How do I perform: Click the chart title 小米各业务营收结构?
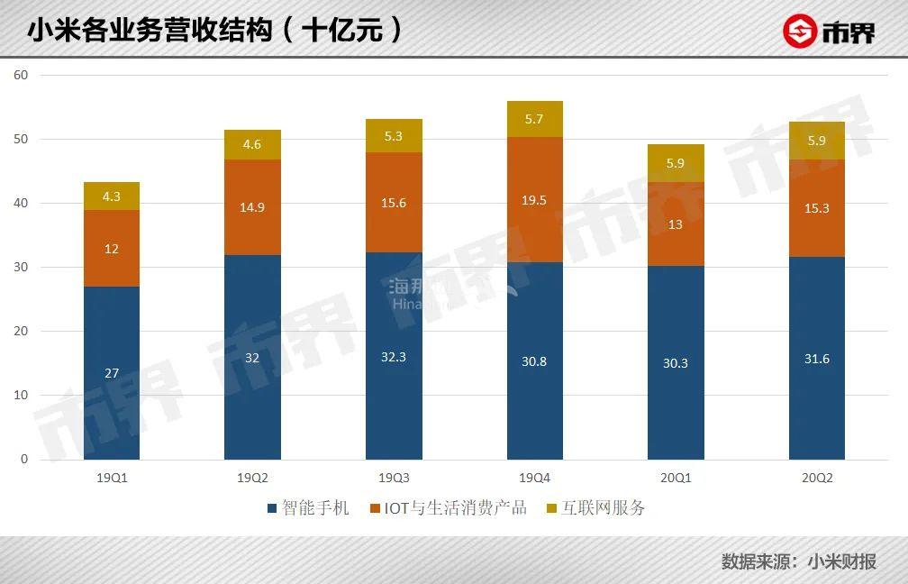149,31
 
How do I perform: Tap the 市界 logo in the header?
828,32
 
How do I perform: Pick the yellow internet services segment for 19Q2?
252,145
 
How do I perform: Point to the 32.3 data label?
394,357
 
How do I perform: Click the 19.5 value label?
534,200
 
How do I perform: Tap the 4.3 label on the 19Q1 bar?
112,196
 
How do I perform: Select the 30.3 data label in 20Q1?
676,362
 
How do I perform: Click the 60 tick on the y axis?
22,75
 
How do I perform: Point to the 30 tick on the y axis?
22,268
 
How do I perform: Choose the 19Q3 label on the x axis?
394,478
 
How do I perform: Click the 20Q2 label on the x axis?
817,478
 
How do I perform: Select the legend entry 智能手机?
307,508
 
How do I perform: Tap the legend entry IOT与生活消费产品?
448,508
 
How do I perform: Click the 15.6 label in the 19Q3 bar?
394,203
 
